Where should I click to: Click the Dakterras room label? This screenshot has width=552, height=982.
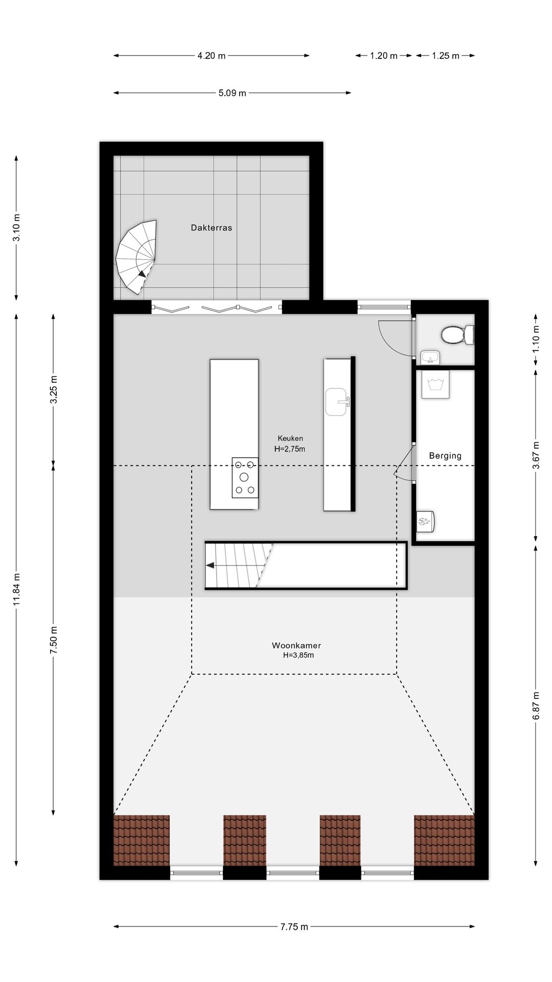[x=211, y=228]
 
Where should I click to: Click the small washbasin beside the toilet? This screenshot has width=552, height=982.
[x=430, y=357]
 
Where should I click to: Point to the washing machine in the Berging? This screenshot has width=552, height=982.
[x=435, y=385]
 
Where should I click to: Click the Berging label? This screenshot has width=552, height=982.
[x=445, y=456]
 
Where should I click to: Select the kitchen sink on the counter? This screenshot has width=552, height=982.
[x=337, y=402]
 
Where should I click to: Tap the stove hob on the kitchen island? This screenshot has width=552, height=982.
[x=245, y=478]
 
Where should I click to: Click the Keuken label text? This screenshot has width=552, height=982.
[x=290, y=438]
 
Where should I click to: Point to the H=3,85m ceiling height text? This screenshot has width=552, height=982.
[x=298, y=655]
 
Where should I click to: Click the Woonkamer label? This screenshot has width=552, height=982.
[x=296, y=645]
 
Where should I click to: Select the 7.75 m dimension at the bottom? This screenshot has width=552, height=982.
[x=294, y=926]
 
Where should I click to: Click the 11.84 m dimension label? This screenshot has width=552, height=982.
[x=17, y=589]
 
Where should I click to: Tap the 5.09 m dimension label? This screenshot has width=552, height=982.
[x=232, y=93]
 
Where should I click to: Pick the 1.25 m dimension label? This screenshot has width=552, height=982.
[x=445, y=56]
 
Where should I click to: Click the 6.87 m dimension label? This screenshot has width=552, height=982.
[x=536, y=706]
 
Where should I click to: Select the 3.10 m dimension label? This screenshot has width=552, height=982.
[x=17, y=228]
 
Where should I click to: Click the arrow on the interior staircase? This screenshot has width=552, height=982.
[x=210, y=565]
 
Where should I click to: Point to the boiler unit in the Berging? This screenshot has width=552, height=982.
[x=425, y=521]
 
